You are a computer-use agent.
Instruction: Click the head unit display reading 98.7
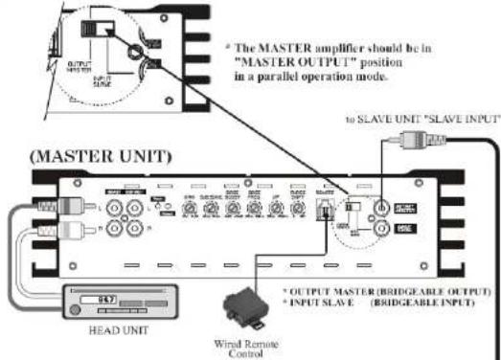(103, 299)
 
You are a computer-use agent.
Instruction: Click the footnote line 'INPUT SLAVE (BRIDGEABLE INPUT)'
(380, 300)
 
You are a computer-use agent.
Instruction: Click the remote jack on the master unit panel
(330, 208)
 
